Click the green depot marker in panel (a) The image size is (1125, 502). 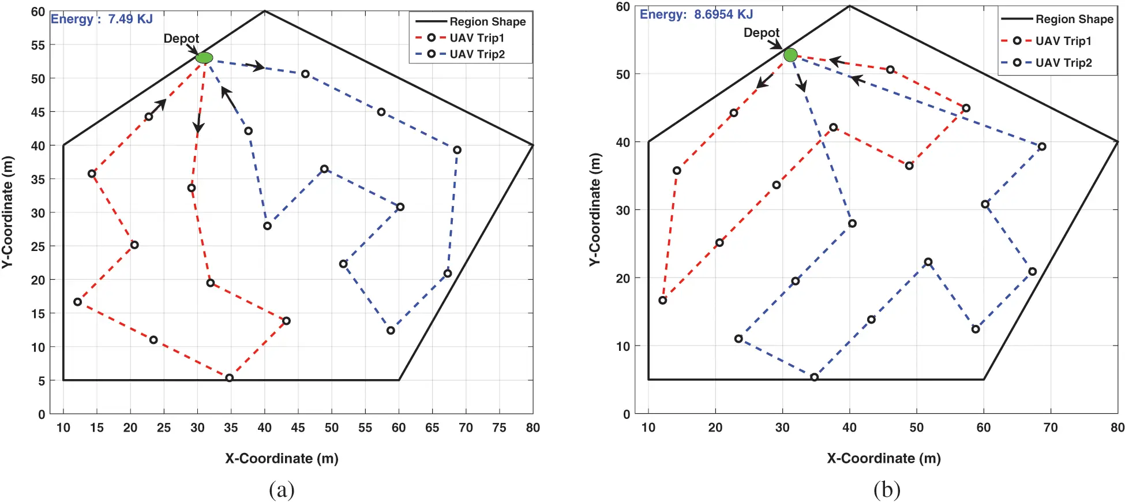(x=204, y=58)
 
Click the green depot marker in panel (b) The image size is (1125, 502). (x=790, y=55)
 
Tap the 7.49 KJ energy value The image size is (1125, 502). (x=130, y=19)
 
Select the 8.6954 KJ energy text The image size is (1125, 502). (x=723, y=14)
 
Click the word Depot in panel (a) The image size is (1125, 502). (x=181, y=38)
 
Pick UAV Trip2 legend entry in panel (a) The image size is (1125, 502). (x=477, y=54)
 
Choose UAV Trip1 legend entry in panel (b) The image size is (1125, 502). (x=1063, y=41)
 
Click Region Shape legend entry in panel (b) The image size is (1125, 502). (x=1074, y=19)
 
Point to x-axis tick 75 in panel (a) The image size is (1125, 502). (x=499, y=428)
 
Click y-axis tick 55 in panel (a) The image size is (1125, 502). (x=37, y=45)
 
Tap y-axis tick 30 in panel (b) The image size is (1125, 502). (x=622, y=210)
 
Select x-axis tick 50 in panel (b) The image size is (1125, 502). (x=916, y=428)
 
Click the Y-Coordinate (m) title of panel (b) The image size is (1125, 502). (x=595, y=209)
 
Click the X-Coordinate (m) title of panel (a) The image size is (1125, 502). (x=282, y=459)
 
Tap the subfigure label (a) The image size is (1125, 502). (x=282, y=490)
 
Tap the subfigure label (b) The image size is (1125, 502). (x=886, y=490)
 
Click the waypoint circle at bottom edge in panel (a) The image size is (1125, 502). (x=229, y=378)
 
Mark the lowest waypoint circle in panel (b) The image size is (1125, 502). (x=814, y=377)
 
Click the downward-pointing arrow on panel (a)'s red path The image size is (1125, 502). (x=198, y=124)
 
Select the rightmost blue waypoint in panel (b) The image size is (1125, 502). (x=1041, y=147)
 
